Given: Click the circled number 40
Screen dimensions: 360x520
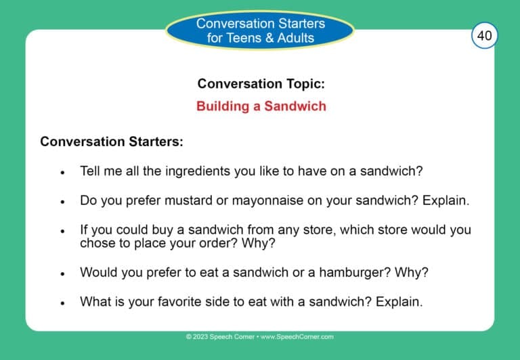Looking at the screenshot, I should [484, 35].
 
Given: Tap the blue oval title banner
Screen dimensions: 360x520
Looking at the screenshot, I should [260, 30].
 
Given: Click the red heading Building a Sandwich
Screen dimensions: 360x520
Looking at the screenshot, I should [261, 106].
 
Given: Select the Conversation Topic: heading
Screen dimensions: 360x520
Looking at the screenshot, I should [261, 83].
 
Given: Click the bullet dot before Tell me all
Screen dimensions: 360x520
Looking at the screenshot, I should [62, 173].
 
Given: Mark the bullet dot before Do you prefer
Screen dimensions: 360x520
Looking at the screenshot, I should [62, 202].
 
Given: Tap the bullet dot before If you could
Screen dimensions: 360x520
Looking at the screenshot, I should [62, 231].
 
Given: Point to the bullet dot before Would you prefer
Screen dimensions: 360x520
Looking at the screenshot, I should [62, 273].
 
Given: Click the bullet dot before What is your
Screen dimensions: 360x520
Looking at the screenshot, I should [62, 303].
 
